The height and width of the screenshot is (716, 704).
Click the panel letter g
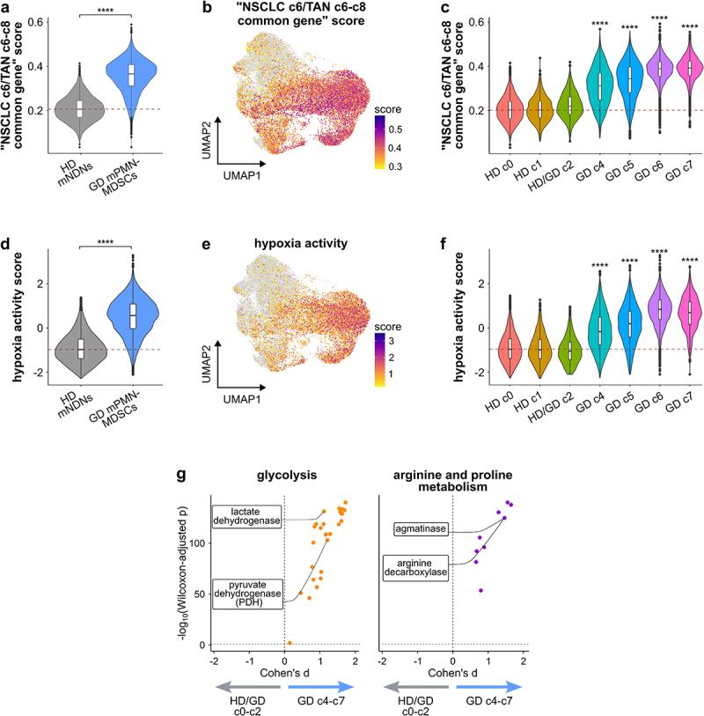tap(181, 476)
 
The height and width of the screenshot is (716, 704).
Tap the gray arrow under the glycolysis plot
tap(248, 685)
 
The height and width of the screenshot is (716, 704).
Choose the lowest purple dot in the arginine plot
tap(481, 590)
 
